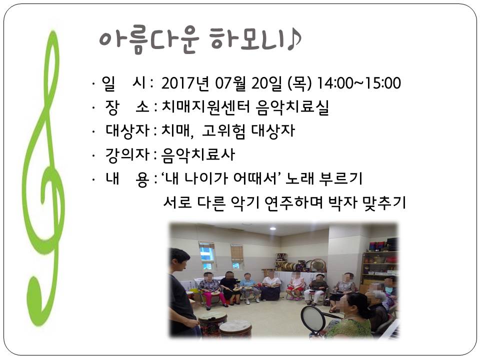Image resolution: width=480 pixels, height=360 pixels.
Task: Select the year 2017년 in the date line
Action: (185, 83)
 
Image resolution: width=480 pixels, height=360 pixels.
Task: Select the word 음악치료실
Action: (292, 107)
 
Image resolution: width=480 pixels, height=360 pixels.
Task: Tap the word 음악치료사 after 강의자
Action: (198, 154)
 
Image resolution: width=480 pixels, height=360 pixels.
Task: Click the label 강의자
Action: (127, 154)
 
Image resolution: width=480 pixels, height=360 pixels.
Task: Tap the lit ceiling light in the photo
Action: (273, 228)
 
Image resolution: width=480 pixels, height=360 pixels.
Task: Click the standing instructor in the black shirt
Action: (182, 293)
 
